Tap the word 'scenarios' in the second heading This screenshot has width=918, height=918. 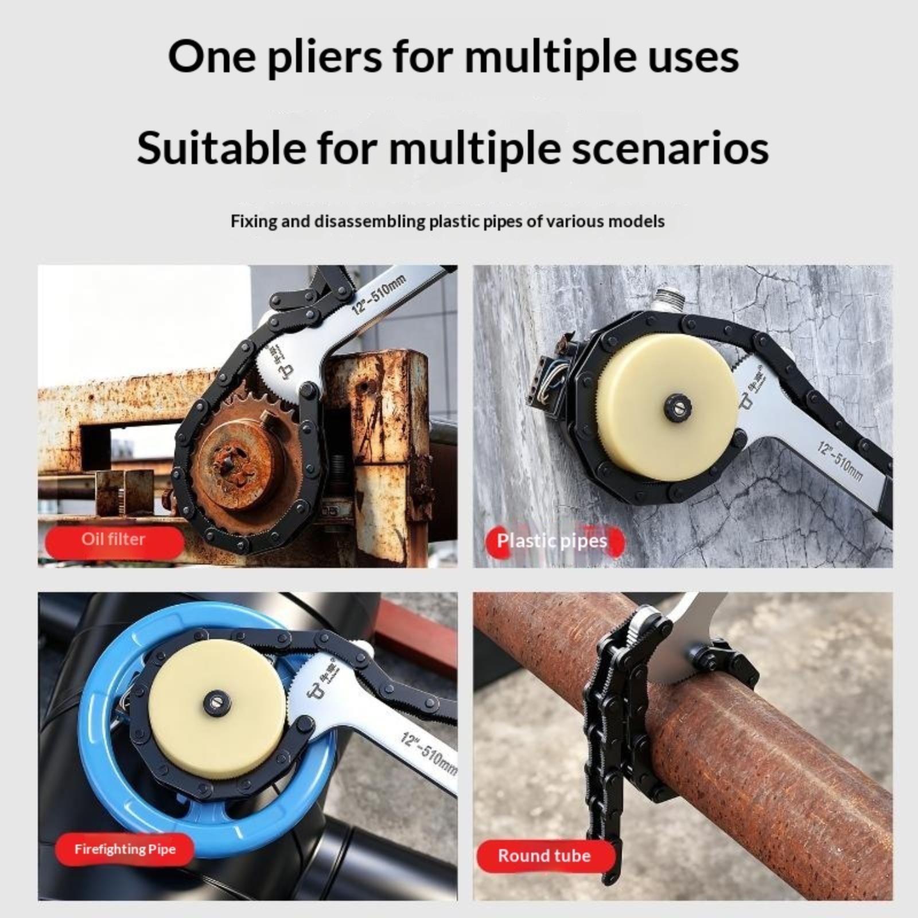click(663, 148)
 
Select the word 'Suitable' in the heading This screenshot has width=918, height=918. click(221, 148)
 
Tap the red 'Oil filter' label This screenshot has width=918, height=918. click(114, 539)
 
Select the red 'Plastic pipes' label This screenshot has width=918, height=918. click(553, 540)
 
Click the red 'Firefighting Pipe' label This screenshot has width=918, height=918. click(125, 849)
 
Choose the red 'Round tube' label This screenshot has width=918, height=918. click(544, 855)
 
